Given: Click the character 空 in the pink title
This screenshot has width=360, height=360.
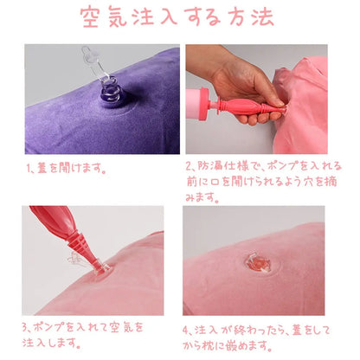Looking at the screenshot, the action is tap(90, 17).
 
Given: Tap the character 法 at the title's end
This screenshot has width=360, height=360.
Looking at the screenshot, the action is tap(263, 17).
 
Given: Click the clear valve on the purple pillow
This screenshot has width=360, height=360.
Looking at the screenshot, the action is tap(111, 88).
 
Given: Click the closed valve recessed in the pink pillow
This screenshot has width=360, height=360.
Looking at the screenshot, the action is tap(258, 264).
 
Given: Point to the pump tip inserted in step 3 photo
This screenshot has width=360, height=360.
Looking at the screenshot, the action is tap(101, 267).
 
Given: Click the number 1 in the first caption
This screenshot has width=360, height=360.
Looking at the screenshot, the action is tap(29, 168).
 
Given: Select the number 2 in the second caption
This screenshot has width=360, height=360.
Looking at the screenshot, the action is tap(189, 167).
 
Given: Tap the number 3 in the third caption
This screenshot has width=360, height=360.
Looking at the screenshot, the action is tap(25, 327).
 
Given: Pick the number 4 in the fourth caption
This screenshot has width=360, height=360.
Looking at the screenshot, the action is tap(186, 330).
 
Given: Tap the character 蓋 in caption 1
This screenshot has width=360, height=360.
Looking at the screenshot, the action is tap(42, 168).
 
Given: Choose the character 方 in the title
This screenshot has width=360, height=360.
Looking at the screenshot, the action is tap(235, 17).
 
